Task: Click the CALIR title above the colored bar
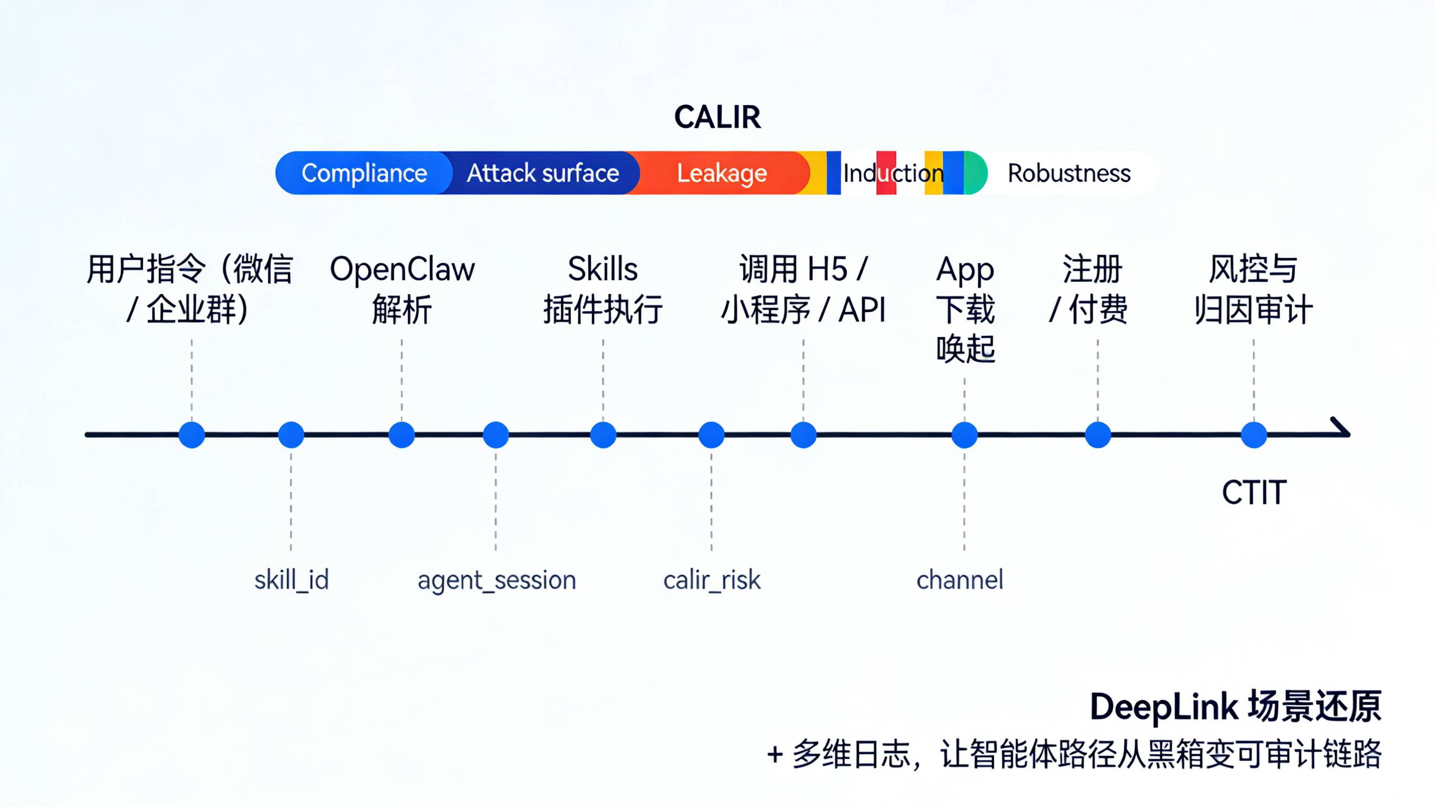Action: coord(717,117)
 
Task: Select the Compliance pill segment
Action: coord(364,173)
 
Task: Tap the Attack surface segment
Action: coord(543,173)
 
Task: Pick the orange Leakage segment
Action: coord(722,173)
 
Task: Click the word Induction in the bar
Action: coord(893,173)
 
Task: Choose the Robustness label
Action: coord(1069,173)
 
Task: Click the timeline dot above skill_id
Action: coord(291,435)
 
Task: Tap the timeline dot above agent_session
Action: coord(496,435)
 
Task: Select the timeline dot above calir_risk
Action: coord(711,435)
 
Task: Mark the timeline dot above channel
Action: coord(964,435)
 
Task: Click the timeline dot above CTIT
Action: coord(1254,435)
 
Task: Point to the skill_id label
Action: coord(291,580)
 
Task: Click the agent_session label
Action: coord(496,580)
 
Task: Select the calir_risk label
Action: coord(711,580)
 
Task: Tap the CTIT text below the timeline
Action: coord(1254,493)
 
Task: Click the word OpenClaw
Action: coord(402,270)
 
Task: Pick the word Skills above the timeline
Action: coord(603,269)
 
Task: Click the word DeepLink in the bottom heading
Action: coord(1163,707)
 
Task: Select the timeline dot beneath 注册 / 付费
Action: coord(1098,435)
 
